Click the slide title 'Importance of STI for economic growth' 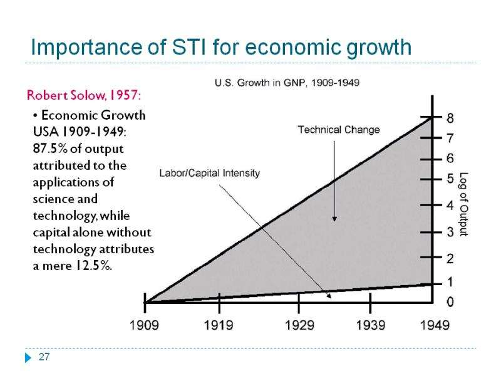pos(221,47)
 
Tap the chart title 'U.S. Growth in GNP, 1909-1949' pos(287,82)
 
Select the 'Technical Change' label pos(338,130)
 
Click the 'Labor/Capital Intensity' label pos(209,173)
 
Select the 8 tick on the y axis pos(450,118)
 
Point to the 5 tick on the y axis pos(450,179)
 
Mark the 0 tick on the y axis pos(450,302)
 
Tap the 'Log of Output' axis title pos(464,204)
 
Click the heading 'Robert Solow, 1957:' pos(84,96)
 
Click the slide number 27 pos(43,358)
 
